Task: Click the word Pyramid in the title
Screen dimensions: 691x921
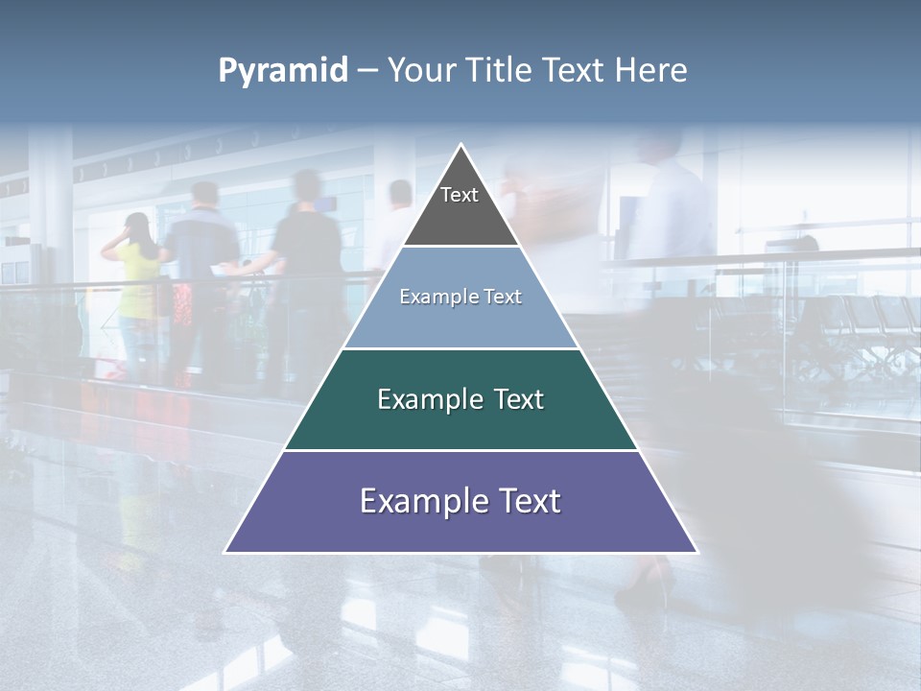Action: tap(282, 71)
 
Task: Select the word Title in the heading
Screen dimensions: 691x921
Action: tap(500, 71)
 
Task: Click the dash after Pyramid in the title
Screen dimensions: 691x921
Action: tap(367, 71)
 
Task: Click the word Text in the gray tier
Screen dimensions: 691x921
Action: tap(460, 195)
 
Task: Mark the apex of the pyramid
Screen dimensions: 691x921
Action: tap(461, 145)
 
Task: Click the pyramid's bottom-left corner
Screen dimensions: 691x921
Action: tap(226, 551)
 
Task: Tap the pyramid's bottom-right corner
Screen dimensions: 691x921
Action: tap(696, 551)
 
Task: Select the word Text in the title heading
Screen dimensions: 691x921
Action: tap(572, 71)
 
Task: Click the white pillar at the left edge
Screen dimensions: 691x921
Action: tap(50, 221)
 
